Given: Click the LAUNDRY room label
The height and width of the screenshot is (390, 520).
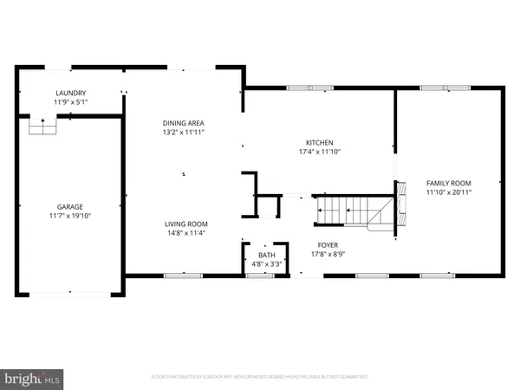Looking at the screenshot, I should (71, 93).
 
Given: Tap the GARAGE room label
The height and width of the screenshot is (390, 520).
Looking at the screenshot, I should (71, 206).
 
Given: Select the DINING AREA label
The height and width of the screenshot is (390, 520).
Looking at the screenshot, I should (184, 124).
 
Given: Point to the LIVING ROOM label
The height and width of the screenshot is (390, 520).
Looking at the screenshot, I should (187, 224).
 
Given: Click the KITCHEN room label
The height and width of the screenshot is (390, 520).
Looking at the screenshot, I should (319, 143).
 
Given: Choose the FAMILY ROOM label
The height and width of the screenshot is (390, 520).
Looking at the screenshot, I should (448, 183).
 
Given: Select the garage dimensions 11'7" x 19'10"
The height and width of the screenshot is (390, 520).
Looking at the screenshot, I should (71, 216).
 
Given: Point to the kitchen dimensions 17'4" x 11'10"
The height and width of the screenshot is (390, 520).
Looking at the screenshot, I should (319, 153).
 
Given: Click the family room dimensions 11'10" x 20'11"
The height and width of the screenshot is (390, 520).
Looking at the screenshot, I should (448, 192).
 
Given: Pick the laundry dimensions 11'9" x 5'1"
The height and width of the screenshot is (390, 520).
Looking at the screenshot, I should (71, 102).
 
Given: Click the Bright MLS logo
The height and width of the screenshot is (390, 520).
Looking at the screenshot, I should (33, 378).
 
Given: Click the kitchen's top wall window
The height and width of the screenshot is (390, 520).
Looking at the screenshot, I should (302, 87).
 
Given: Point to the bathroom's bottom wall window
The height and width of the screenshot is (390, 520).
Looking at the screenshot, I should (258, 276).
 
